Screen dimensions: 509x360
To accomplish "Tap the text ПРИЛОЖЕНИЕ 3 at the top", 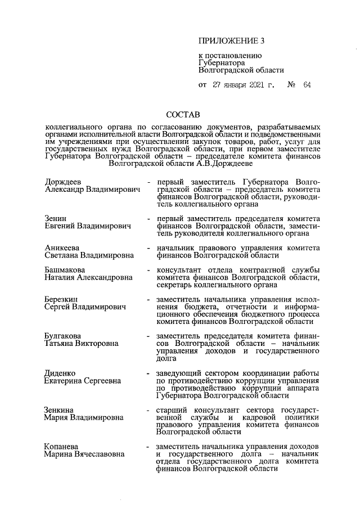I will [231, 41].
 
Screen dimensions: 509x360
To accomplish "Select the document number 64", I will [307, 85].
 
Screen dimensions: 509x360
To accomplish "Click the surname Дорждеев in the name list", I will [63, 183].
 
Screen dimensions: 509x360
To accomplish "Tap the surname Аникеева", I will [62, 247].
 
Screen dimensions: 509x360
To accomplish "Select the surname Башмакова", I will [65, 269].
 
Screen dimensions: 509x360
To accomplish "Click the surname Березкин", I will [62, 300].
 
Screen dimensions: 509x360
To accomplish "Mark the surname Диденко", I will [60, 373].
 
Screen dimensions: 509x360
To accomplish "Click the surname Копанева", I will [62, 447].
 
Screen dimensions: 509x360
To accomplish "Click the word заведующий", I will [181, 373].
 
